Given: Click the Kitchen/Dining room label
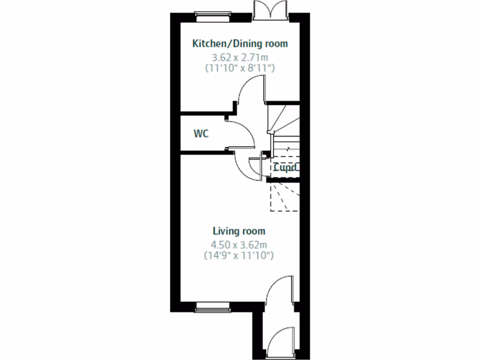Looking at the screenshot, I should [240, 44].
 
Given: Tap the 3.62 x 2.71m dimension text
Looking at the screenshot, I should [240, 58].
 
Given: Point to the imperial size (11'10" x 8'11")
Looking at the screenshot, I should [240, 68].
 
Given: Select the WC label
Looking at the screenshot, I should [201, 134].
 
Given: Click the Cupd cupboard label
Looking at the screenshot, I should [285, 167].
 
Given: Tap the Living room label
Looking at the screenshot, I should [239, 231].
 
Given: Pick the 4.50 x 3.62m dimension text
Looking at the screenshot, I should [239, 245].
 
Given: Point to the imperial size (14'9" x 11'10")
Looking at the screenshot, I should [239, 255].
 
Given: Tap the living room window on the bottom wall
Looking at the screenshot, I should [212, 307].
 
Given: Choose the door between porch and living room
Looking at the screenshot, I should [280, 291].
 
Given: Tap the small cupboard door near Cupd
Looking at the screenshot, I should [255, 167].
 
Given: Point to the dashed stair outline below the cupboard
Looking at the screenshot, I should [284, 197].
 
